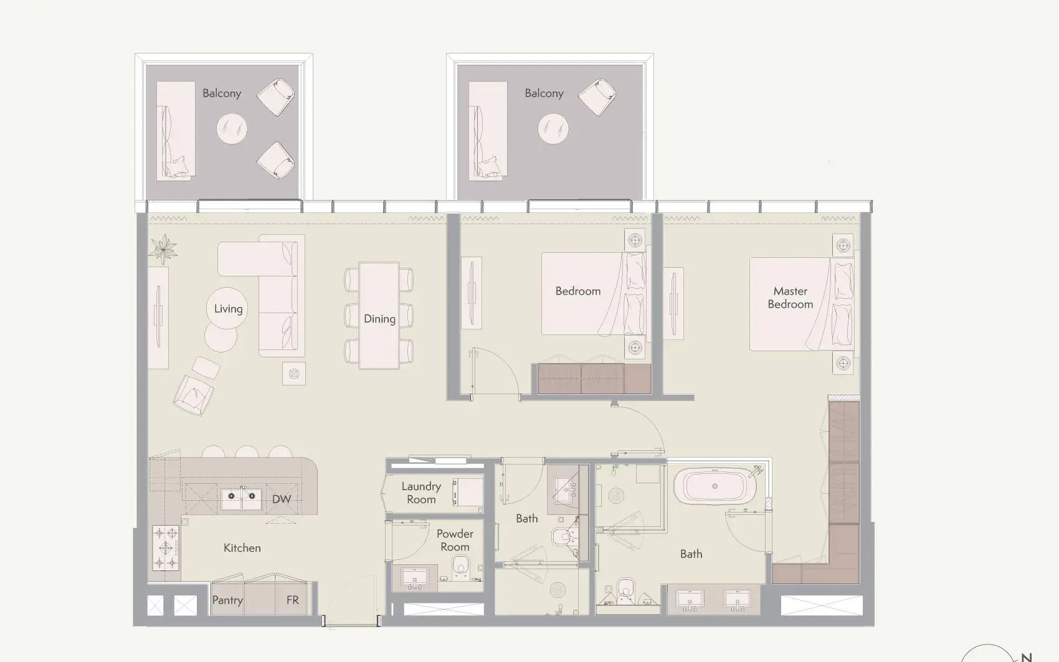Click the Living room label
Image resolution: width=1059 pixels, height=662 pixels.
tap(229, 309)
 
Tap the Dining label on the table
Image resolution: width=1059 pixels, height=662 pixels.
tap(379, 319)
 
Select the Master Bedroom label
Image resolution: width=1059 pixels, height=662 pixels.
tap(791, 298)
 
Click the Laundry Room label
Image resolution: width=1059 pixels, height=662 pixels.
tap(421, 493)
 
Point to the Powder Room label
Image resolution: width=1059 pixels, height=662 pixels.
tap(455, 540)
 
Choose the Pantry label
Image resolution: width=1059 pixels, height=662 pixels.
tap(227, 600)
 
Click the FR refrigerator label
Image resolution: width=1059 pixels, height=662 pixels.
tap(293, 600)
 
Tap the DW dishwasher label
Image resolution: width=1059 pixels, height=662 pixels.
tap(282, 499)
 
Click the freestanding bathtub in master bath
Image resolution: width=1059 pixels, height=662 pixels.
tap(715, 486)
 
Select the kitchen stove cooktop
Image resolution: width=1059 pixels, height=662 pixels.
tap(166, 547)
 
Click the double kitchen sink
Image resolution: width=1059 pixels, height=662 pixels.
tap(242, 498)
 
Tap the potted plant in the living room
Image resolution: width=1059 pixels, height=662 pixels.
tap(163, 249)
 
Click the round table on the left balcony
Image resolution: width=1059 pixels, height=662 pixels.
tap(232, 128)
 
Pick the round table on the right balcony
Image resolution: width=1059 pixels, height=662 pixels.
tap(553, 128)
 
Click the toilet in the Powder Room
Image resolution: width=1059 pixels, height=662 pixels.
tap(460, 567)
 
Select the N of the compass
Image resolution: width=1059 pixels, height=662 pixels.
tap(1027, 658)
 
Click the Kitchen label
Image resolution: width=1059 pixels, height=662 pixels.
tap(242, 548)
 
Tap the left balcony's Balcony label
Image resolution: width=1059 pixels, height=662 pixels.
tap(222, 93)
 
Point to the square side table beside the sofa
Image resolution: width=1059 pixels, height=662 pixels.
tap(294, 374)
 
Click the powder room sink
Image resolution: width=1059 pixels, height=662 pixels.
tap(415, 577)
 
